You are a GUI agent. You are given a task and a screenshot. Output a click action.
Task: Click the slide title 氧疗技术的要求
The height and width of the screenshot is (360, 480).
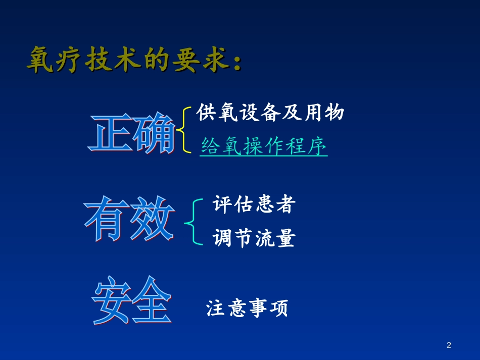134,61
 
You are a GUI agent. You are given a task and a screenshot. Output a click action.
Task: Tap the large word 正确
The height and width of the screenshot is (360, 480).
133,132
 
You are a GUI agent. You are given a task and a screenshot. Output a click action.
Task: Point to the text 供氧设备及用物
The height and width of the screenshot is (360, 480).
270,113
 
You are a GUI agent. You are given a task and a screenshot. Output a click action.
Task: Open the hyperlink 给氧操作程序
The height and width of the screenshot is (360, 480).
264,146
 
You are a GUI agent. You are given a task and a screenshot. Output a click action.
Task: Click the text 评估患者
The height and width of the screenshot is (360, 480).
253,204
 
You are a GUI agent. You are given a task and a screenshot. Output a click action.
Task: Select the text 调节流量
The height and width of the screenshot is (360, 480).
253,238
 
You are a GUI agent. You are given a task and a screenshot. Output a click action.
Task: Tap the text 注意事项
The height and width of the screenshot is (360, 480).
247,308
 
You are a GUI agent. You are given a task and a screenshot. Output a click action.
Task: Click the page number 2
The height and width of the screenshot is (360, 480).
449,345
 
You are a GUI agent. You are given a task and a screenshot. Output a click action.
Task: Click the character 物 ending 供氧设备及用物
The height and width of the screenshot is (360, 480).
334,113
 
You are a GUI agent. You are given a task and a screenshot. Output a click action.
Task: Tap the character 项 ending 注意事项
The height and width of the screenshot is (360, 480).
278,308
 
